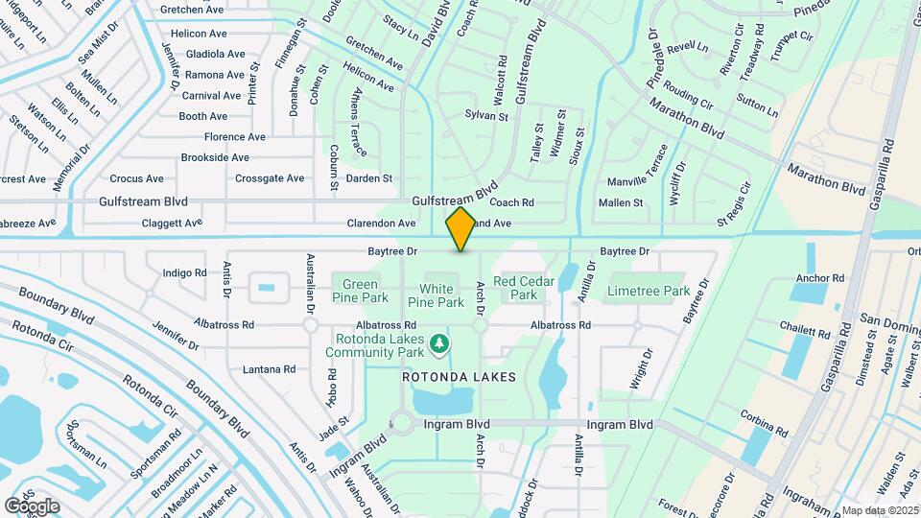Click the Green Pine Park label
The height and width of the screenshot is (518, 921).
[360, 289]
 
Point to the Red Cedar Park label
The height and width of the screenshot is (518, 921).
[524, 288]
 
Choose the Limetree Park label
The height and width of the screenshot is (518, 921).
[649, 291]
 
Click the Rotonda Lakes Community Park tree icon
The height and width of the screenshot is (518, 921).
[438, 342]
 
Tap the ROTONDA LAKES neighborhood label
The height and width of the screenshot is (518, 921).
[459, 377]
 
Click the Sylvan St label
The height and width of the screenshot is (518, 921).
[486, 116]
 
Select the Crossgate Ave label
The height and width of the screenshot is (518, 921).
[270, 178]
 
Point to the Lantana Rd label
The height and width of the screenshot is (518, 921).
[269, 369]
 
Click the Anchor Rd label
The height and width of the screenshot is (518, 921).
[820, 279]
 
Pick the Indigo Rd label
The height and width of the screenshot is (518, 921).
[185, 273]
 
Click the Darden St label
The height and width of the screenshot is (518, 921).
[369, 178]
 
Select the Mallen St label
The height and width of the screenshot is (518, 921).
[621, 203]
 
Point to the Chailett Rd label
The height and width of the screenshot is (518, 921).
[805, 332]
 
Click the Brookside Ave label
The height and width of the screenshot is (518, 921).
[215, 157]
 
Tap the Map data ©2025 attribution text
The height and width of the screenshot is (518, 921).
[879, 510]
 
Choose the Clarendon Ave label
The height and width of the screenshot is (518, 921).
[381, 224]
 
